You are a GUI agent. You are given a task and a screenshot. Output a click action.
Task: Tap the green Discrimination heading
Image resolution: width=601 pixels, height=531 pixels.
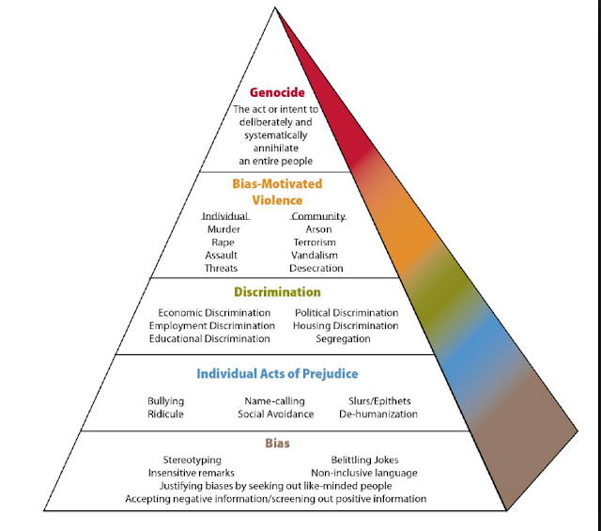pos(278,292)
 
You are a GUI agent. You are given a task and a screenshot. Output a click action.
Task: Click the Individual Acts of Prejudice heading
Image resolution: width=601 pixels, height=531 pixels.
pos(277,374)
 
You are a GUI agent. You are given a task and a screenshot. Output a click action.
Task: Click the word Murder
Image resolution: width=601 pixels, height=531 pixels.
pos(223,229)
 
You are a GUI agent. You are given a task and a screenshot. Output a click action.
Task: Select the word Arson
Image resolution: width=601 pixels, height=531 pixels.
pos(318,229)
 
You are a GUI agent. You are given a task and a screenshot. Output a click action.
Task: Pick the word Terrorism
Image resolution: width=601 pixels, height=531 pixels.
pos(317,242)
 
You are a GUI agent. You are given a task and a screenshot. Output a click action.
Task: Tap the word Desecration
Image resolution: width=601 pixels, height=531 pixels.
pos(317,269)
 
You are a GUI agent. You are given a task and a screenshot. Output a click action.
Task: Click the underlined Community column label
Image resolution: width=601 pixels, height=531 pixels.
pos(318,216)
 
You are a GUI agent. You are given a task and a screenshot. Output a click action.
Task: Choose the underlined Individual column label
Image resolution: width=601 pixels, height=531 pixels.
pos(224,216)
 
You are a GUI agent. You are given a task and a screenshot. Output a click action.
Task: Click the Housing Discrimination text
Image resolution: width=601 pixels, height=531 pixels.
pos(347,326)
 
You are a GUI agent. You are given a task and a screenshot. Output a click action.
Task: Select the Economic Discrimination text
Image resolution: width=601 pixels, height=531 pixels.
pos(215,313)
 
